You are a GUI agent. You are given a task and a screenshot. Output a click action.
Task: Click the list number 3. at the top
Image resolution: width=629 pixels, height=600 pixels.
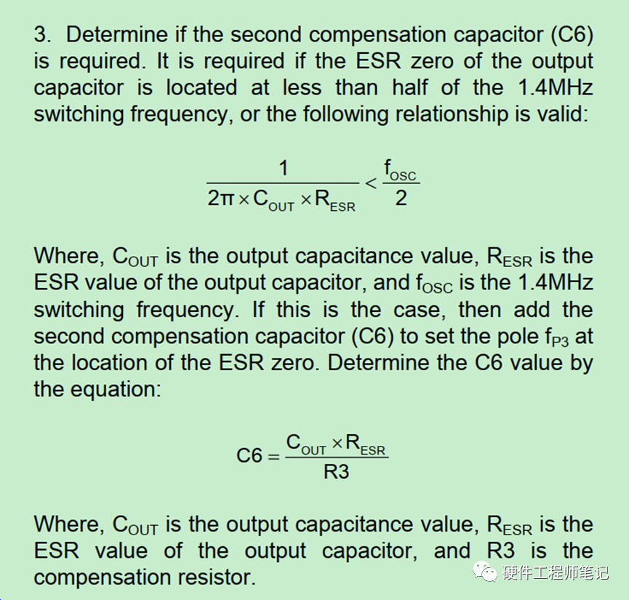point(42,34)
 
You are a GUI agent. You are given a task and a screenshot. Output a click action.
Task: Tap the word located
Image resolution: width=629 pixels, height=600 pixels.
point(201,87)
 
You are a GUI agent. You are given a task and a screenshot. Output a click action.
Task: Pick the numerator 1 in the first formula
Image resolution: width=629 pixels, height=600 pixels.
point(283,168)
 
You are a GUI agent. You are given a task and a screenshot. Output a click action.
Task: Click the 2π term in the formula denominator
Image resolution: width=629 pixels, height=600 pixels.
point(220,199)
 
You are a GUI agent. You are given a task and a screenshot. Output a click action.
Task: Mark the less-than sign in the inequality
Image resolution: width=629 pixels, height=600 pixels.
point(371,183)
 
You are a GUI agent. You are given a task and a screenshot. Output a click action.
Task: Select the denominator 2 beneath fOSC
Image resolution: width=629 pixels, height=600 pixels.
point(401,199)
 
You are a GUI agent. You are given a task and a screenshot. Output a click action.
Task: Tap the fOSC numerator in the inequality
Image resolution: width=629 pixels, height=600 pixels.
point(400,170)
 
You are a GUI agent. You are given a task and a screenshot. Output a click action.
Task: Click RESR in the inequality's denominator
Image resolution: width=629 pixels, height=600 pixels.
point(335,200)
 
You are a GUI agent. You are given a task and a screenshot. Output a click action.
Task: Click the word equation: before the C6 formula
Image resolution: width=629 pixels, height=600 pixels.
point(116,390)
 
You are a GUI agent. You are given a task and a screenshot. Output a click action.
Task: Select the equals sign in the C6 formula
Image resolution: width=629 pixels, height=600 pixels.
point(273,457)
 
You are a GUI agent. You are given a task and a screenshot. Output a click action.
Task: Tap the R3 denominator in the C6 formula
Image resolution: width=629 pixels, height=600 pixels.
point(336,472)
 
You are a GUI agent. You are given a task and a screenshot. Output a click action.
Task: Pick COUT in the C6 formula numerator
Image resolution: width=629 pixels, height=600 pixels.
point(305,444)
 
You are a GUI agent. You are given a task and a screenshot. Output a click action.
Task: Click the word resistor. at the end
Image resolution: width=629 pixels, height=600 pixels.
point(217,577)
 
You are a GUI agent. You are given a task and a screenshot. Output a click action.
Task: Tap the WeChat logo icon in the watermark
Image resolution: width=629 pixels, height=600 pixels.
point(484,571)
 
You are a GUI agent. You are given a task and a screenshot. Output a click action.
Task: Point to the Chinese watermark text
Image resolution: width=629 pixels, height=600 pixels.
point(556,572)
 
